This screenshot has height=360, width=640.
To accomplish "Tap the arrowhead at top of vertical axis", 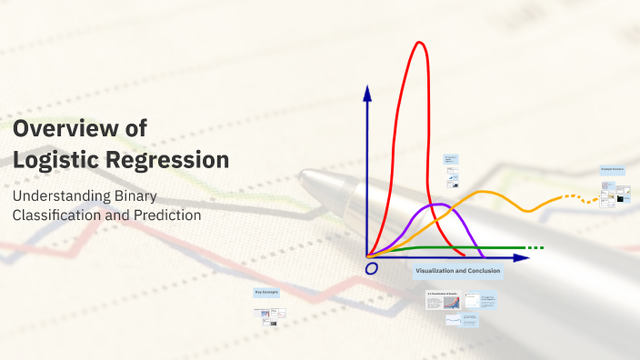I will pos(367,92).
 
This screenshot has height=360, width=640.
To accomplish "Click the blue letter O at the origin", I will pos(371,268).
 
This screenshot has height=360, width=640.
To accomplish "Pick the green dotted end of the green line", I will pos(535,248).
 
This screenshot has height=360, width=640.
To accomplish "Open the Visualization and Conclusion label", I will pos(457,271).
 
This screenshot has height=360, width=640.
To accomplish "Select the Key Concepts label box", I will pos(266,292).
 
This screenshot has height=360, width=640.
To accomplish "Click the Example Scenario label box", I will pos(613,170).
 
